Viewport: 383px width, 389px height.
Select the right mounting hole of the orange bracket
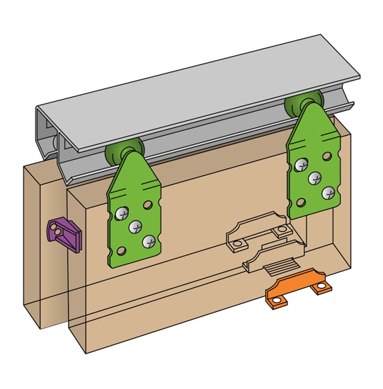point(323,286)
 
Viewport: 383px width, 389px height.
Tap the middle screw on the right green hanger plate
point(314,179)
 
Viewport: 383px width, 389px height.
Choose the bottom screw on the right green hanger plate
point(326,192)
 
